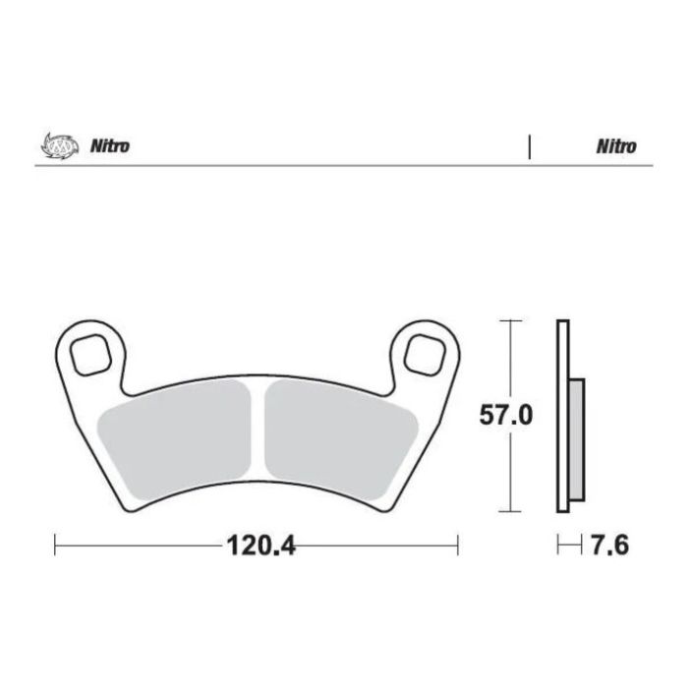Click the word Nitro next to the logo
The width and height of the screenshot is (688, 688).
pyautogui.click(x=110, y=146)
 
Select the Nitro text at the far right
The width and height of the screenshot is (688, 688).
pyautogui.click(x=615, y=146)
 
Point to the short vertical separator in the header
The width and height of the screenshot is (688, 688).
pyautogui.click(x=530, y=146)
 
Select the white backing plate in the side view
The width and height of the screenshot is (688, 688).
pyautogui.click(x=562, y=417)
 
